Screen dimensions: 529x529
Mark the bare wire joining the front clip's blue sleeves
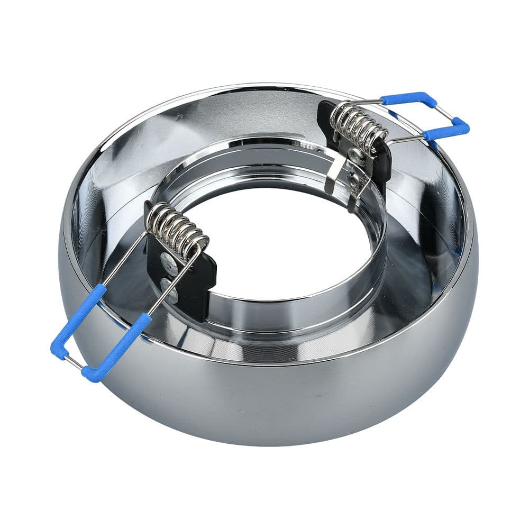pyautogui.click(x=72, y=362)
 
